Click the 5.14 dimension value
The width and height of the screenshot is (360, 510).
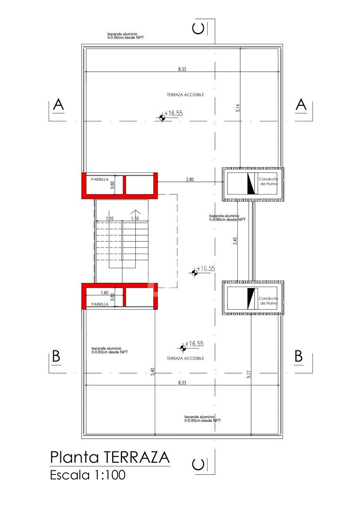tap(238, 108)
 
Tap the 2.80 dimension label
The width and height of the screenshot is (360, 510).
tap(190, 179)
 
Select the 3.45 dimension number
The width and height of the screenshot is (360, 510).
tap(235, 241)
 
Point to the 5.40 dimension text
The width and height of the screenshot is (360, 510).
tap(152, 372)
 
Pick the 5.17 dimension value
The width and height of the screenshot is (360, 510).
tap(249, 374)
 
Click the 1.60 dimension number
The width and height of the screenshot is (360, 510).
tap(104, 293)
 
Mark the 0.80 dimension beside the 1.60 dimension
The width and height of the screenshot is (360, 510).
tap(113, 297)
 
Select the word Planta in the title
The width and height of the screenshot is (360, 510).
tap(75, 457)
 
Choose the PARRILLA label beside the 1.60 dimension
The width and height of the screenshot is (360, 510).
tap(100, 304)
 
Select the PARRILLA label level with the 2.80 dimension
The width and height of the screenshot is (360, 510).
tap(100, 179)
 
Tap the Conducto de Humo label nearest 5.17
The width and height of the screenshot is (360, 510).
tap(268, 300)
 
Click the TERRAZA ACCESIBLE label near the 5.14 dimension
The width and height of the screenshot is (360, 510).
tap(185, 94)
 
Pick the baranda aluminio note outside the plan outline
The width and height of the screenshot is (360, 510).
tap(126, 36)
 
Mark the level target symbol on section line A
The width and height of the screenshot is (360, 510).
tap(162, 118)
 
